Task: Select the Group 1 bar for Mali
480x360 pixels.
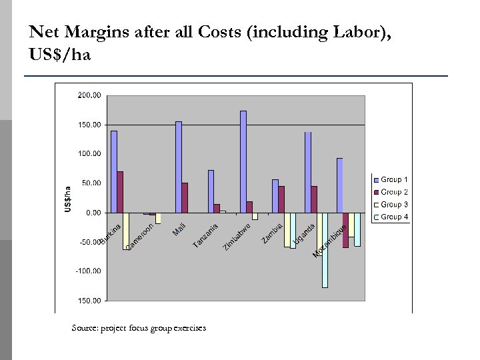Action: [x=179, y=167]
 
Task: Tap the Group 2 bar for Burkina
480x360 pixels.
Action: [x=120, y=193]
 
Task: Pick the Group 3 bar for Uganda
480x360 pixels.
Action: [x=325, y=250]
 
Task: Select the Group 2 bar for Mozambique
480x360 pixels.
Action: [x=345, y=231]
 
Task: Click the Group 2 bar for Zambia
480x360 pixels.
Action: [x=281, y=199]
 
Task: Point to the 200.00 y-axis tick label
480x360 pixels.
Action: [x=89, y=95]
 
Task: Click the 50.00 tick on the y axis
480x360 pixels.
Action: [x=91, y=183]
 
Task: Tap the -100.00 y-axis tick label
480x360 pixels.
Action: [x=88, y=271]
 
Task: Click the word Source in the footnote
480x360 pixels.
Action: [x=84, y=328]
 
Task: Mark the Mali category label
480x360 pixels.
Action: [x=179, y=228]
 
